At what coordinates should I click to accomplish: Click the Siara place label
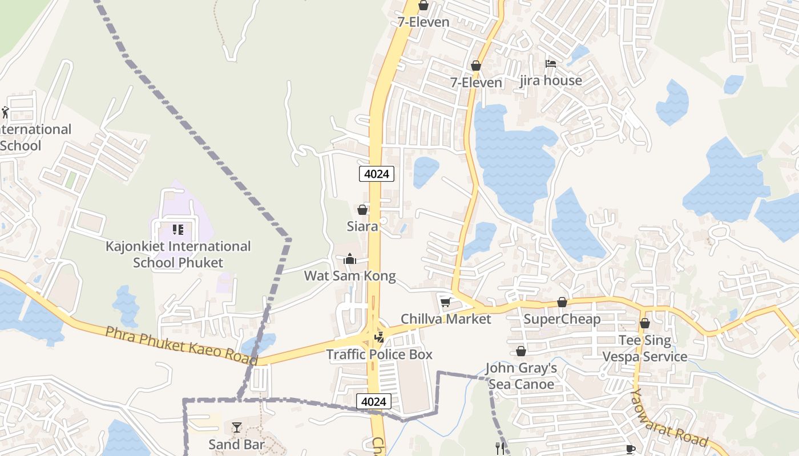coord(362,226)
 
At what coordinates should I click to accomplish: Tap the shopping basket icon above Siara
coord(362,210)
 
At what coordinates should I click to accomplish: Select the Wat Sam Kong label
coord(349,276)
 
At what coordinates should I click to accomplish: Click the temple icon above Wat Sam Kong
coord(350,259)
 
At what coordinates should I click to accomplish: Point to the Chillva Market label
coord(446,319)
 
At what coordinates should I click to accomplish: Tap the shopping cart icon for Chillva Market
coord(445,302)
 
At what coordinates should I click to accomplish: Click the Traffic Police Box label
coord(379,354)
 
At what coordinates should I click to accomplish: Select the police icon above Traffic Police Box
coord(379,337)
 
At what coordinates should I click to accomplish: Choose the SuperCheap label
coord(562,319)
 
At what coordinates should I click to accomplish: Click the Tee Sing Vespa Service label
coord(645,348)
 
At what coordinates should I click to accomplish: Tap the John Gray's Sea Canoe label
coord(521,376)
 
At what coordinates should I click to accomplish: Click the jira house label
coord(551,80)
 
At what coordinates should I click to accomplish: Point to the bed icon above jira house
coord(551,64)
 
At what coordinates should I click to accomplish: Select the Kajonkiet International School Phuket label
coord(178,254)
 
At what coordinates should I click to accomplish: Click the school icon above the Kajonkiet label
coord(178,230)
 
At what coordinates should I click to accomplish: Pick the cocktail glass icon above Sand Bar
coord(236,427)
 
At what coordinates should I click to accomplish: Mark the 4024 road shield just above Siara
coord(377,174)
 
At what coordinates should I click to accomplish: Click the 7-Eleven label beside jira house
coord(476,83)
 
